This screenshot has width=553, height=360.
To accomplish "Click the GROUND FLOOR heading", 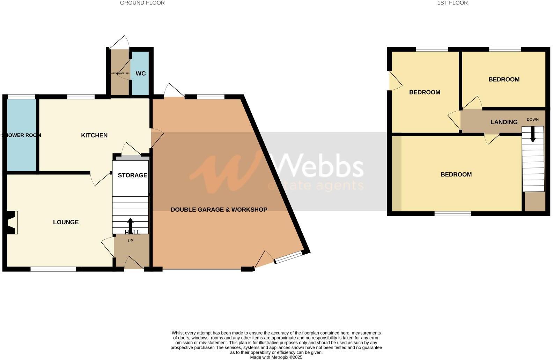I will (x=142, y=3).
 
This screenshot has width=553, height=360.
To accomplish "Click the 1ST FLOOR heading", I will (x=452, y=3).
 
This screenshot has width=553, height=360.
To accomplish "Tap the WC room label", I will (x=141, y=74).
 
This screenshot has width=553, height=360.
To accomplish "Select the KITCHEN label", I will (x=94, y=135).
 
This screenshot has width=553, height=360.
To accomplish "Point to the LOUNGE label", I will (x=66, y=222).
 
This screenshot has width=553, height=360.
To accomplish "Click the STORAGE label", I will (x=132, y=175).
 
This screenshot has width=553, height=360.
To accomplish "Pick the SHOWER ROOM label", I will (x=21, y=135).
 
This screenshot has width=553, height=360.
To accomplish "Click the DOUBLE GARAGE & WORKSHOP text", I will (x=219, y=210).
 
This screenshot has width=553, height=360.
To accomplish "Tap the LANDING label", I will (x=504, y=122).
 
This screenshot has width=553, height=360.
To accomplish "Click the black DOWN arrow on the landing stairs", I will (x=533, y=134).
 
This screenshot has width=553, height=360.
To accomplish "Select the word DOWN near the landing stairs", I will (x=532, y=119).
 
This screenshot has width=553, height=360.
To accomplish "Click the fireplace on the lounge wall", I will (x=11, y=223).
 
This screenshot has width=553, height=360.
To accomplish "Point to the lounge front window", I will (x=53, y=269).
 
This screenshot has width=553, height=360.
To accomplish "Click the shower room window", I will (x=21, y=97).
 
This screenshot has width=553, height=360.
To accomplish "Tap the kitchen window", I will (x=81, y=97).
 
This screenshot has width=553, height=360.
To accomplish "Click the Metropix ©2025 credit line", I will (x=276, y=357).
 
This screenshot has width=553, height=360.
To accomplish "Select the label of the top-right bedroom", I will (x=504, y=80).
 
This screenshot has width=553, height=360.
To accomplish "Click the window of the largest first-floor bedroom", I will (x=452, y=213).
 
